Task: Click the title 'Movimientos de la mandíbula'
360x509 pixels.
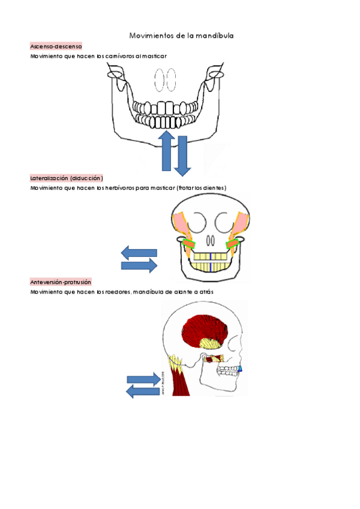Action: click(x=181, y=36)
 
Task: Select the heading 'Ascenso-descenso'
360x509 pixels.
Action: click(x=56, y=46)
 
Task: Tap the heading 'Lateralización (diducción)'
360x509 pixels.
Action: click(x=67, y=178)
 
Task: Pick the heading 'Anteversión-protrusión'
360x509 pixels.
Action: click(x=61, y=282)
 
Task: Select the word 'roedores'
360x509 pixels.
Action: click(x=117, y=292)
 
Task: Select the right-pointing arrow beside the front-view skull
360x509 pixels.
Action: click(x=140, y=265)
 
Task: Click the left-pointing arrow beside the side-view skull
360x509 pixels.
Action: click(x=143, y=391)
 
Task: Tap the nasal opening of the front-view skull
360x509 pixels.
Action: click(x=210, y=240)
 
